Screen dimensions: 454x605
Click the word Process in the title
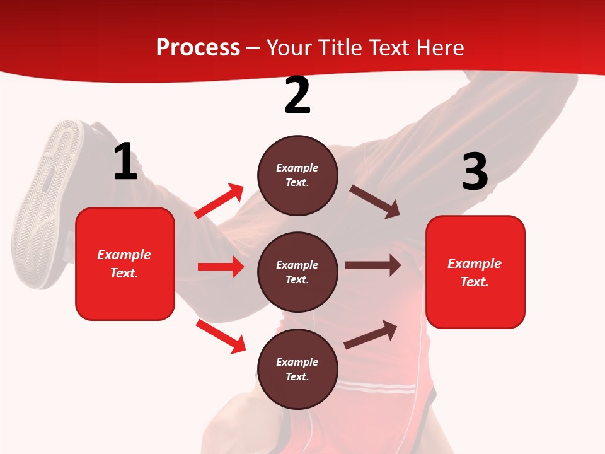click(198, 48)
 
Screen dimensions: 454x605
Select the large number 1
click(125, 162)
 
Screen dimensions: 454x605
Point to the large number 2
click(297, 95)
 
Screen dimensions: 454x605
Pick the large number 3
click(475, 172)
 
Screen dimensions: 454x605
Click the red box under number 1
click(125, 264)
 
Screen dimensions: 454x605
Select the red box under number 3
click(475, 272)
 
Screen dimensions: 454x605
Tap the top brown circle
click(297, 175)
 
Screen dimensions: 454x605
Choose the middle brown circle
click(297, 272)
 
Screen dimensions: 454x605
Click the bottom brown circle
click(297, 369)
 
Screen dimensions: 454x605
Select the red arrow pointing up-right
click(219, 201)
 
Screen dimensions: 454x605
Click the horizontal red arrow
click(221, 267)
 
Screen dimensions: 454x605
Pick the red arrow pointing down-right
click(221, 336)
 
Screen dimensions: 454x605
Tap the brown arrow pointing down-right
click(375, 202)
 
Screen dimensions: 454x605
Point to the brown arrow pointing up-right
click(371, 334)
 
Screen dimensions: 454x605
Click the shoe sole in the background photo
click(47, 202)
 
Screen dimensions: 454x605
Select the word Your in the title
click(289, 48)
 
